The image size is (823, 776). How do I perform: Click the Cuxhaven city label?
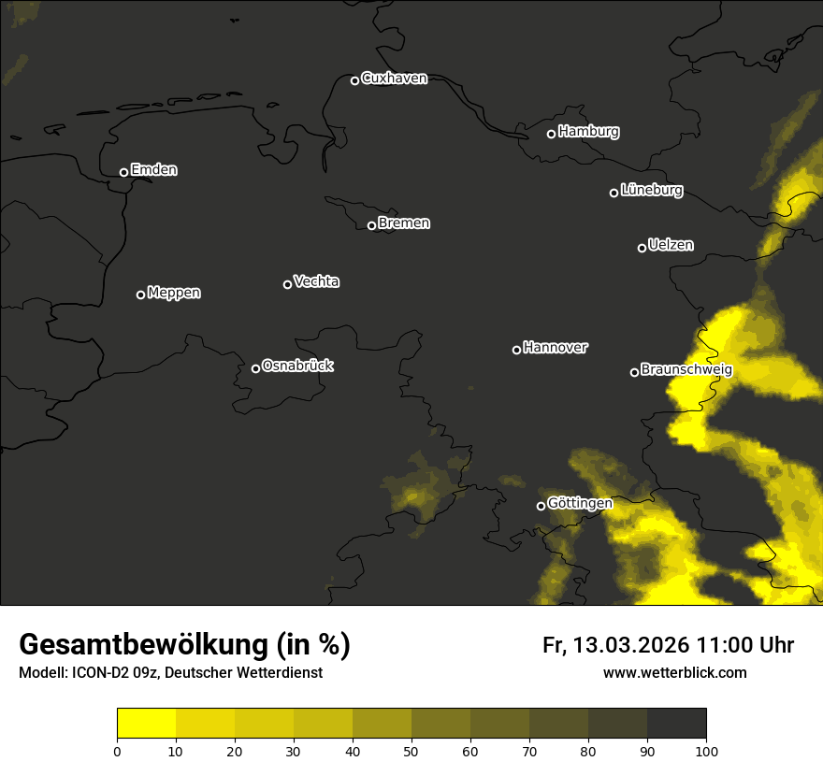pyautogui.click(x=394, y=79)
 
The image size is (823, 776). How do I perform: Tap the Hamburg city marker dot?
pyautogui.click(x=551, y=134)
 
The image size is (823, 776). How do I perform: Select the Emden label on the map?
pyautogui.click(x=153, y=170)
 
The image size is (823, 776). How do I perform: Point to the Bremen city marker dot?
pyautogui.click(x=371, y=225)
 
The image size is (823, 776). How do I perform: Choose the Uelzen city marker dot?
pyautogui.click(x=642, y=248)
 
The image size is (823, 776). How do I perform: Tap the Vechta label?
pyautogui.click(x=316, y=281)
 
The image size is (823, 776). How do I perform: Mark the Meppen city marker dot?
pyautogui.click(x=140, y=295)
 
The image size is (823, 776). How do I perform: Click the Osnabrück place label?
pyautogui.click(x=297, y=366)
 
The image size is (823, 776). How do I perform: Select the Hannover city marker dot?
pyautogui.click(x=516, y=350)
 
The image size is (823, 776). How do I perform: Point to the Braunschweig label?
pyautogui.click(x=686, y=370)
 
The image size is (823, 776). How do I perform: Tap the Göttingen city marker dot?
pyautogui.click(x=541, y=506)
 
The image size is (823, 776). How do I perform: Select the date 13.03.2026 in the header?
pyautogui.click(x=631, y=645)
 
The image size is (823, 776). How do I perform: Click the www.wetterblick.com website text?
pyautogui.click(x=674, y=672)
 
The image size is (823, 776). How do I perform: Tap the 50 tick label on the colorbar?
pyautogui.click(x=411, y=751)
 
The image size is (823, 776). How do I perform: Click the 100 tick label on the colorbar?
pyautogui.click(x=706, y=751)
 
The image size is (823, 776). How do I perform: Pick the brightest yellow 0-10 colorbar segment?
pyautogui.click(x=147, y=724)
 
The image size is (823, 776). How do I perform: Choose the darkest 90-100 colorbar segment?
pyautogui.click(x=676, y=724)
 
